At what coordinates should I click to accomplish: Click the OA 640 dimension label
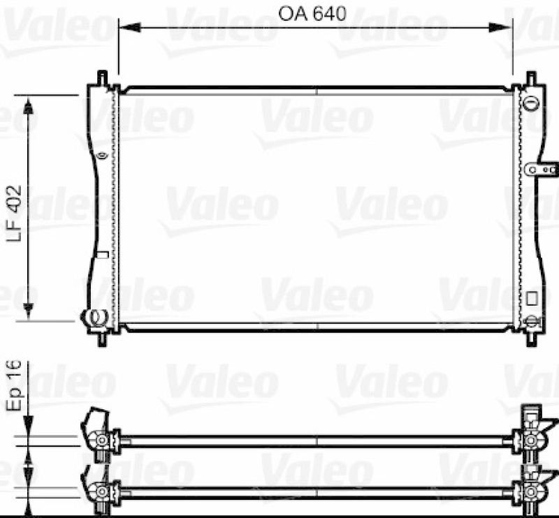[312, 14]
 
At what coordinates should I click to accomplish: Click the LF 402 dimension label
[15, 214]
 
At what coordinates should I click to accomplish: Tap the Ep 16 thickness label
[14, 386]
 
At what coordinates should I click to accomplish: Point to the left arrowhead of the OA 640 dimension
[129, 28]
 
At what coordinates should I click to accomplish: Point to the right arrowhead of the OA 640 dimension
[501, 28]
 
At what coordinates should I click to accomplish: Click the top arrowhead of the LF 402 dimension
[29, 106]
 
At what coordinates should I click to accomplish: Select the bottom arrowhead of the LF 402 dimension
[29, 309]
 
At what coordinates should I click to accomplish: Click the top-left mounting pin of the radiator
[102, 77]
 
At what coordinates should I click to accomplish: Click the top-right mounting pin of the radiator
[531, 78]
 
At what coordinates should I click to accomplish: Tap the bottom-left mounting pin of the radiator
[102, 339]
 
